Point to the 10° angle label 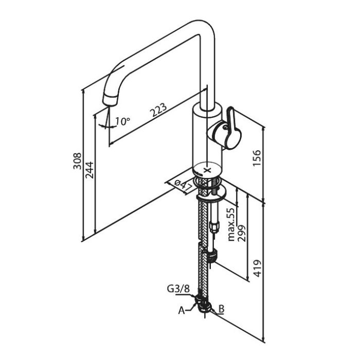coord(122,121)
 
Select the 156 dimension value coord(258,158)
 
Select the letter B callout coord(221,309)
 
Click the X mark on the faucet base coord(208,169)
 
